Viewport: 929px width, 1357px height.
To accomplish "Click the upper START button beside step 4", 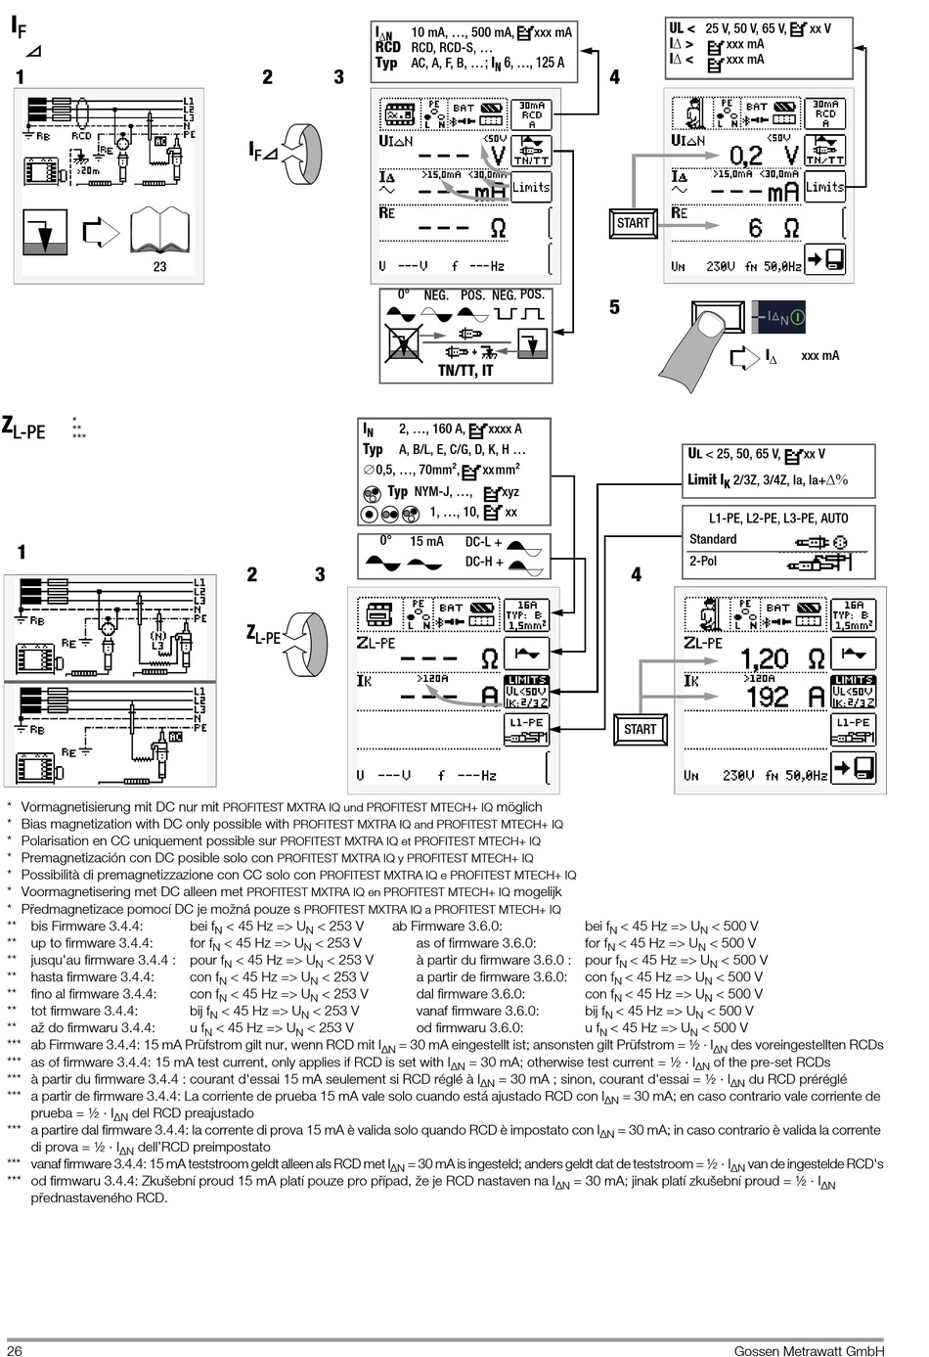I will click(x=633, y=223).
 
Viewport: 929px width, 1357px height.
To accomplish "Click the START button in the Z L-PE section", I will click(x=640, y=729).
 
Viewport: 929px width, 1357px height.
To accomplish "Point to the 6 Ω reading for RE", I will click(x=773, y=228).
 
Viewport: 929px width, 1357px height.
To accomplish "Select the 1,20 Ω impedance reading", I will click(x=776, y=658).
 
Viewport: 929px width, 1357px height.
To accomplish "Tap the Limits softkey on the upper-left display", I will click(x=531, y=187).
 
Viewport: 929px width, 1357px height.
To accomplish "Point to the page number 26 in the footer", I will click(x=15, y=1351).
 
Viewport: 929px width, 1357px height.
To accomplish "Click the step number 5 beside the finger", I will click(x=614, y=307).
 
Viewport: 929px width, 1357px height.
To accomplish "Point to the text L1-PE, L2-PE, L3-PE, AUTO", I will click(x=778, y=518).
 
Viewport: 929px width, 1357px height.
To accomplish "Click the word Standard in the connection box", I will click(x=713, y=539).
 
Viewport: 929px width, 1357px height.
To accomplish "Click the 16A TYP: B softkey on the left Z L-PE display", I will click(x=526, y=614).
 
